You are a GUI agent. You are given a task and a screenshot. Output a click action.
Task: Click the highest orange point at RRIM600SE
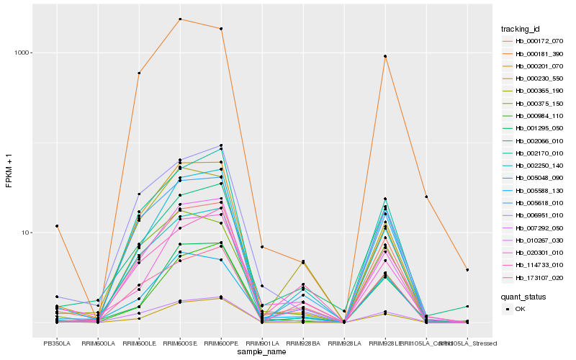pyautogui.click(x=180, y=19)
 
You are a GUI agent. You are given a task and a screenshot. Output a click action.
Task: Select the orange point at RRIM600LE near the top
pyautogui.click(x=139, y=73)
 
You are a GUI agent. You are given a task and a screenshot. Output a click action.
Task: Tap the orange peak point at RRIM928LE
pyautogui.click(x=386, y=56)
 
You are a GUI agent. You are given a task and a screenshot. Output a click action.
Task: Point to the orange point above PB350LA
pyautogui.click(x=57, y=226)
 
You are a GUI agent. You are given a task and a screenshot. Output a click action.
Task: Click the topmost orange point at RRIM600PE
pyautogui.click(x=221, y=29)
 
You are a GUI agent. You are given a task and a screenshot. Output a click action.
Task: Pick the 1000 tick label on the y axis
pyautogui.click(x=23, y=53)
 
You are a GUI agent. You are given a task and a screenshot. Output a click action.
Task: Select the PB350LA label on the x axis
pyautogui.click(x=57, y=343)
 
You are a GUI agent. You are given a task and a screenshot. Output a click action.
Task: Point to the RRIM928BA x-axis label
pyautogui.click(x=304, y=343)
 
